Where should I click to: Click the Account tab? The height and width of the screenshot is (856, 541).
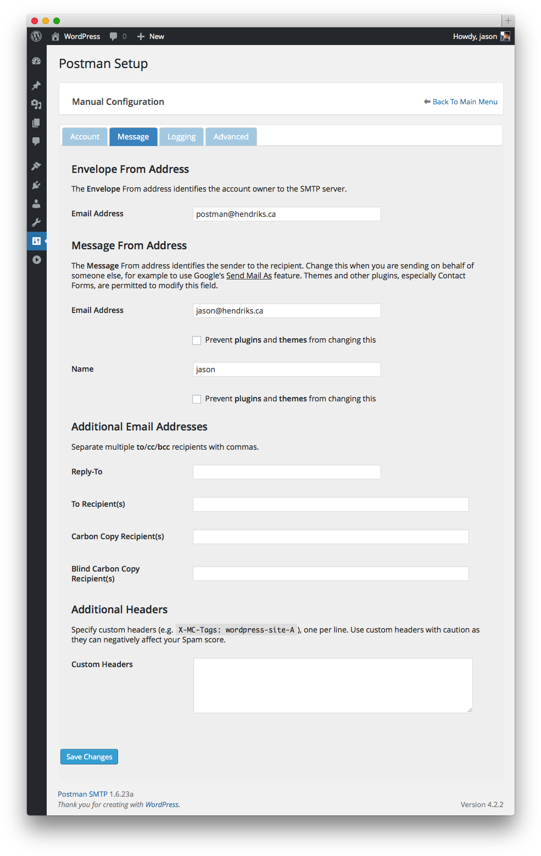85,137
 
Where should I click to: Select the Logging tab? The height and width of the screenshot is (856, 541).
181,137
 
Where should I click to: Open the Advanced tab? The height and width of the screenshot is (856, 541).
231,137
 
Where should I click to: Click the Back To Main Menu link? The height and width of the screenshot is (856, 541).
465,102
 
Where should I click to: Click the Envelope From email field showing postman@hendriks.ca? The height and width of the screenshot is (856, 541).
287,214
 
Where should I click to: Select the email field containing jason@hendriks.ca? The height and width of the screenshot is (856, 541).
287,311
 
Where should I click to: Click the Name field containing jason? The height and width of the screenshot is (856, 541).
287,370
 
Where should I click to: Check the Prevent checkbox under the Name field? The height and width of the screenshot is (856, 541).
197,399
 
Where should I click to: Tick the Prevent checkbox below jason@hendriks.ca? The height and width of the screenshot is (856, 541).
197,340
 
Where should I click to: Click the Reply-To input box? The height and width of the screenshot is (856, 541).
287,472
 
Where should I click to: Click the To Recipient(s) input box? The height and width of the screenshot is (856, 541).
331,505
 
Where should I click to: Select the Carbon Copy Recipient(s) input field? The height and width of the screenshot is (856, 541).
331,537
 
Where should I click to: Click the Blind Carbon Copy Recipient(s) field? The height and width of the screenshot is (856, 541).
331,574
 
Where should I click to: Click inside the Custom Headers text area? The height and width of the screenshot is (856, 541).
333,685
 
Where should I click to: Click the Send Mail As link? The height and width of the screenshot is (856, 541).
249,276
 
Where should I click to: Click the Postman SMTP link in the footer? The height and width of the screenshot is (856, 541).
82,794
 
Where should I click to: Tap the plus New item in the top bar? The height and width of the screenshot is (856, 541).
151,36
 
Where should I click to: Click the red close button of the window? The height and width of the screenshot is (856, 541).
35,21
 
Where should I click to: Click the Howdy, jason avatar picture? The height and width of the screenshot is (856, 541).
505,36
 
